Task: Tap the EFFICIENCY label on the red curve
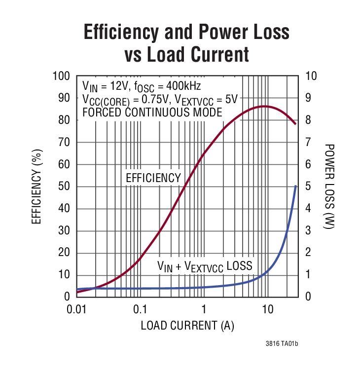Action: [x=153, y=178]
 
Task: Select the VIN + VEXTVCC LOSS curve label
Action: [x=205, y=266]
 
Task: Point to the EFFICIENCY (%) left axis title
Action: [x=36, y=186]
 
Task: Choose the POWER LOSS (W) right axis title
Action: [x=329, y=186]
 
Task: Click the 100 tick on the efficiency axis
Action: [x=62, y=76]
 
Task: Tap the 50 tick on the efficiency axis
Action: [x=64, y=186]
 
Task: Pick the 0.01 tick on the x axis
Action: [x=76, y=310]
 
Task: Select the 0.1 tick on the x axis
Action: [x=140, y=310]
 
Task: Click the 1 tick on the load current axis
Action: [x=204, y=310]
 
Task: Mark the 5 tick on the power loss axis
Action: [x=308, y=186]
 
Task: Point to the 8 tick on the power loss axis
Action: [x=308, y=120]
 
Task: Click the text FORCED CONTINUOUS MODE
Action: [x=152, y=112]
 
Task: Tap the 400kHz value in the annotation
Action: [x=183, y=86]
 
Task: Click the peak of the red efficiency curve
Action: [x=264, y=106]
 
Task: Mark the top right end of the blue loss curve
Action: [x=295, y=186]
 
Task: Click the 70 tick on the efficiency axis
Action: [x=64, y=143]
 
